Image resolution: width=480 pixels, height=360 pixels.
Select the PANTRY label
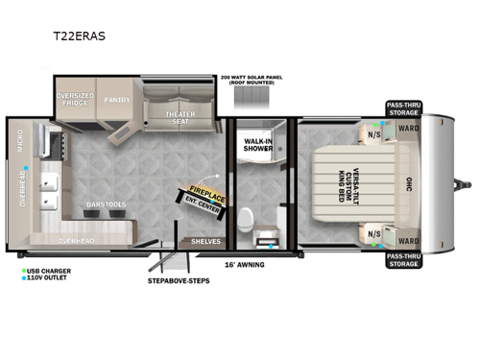pyautogui.click(x=119, y=97)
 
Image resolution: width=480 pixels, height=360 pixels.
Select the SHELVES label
pyautogui.click(x=205, y=241)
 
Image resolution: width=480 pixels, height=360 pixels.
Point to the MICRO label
pyautogui.click(x=20, y=143)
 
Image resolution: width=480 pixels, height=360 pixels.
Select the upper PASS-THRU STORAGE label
pyautogui.click(x=402, y=108)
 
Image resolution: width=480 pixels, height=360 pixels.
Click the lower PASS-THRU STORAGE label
pyautogui.click(x=401, y=260)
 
